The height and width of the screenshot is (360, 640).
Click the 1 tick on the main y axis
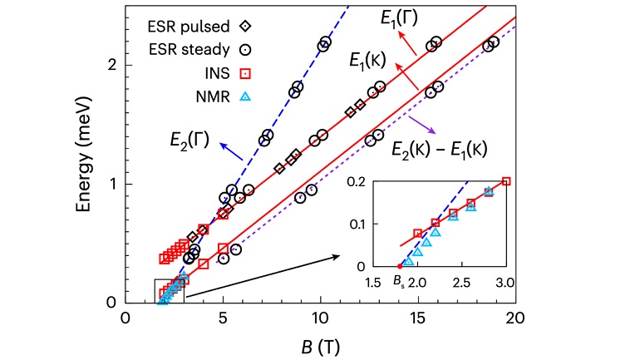pos(111,184)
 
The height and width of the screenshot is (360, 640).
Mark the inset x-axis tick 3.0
pos(505,283)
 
